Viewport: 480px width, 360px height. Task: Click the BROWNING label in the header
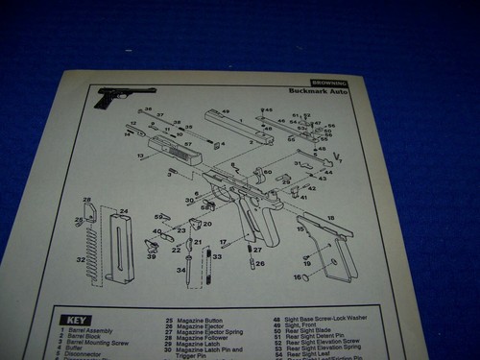click(329, 84)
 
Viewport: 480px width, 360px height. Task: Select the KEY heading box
click(76, 321)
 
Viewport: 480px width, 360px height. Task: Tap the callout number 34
click(180, 270)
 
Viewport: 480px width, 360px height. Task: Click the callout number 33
click(217, 256)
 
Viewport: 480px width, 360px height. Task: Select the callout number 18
click(331, 219)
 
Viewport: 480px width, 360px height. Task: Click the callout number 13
click(140, 156)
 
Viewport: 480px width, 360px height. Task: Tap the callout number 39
click(151, 255)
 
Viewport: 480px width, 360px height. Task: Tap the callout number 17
click(223, 242)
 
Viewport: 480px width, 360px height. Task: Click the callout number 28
click(87, 201)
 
